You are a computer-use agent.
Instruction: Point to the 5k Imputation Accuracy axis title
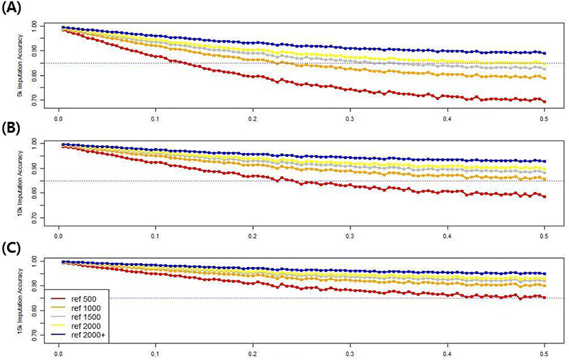(20, 64)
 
